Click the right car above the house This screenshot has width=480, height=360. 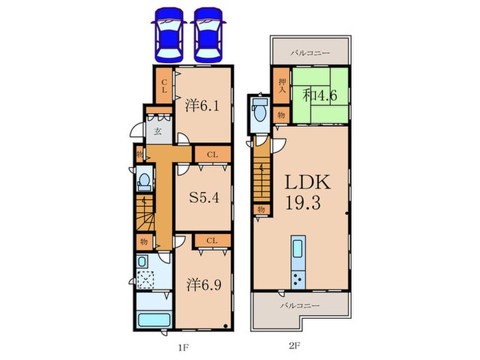pyautogui.click(x=208, y=34)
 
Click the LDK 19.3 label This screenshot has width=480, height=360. pyautogui.click(x=307, y=193)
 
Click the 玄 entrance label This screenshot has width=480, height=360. pyautogui.click(x=157, y=131)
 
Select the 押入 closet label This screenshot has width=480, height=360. pyautogui.click(x=281, y=88)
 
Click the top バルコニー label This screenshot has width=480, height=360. pyautogui.click(x=309, y=52)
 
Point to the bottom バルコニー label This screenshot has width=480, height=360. pyautogui.click(x=299, y=305)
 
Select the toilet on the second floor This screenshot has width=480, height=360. pyautogui.click(x=260, y=110)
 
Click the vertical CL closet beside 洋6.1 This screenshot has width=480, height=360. pyautogui.click(x=164, y=87)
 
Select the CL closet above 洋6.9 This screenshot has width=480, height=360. pyautogui.click(x=211, y=240)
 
